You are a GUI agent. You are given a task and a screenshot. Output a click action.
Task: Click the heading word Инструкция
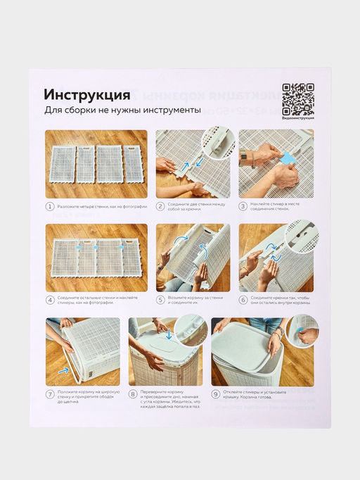(86, 94)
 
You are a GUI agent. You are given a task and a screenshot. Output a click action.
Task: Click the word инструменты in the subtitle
(169, 110)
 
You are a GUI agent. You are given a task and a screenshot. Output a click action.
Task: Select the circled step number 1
(50, 206)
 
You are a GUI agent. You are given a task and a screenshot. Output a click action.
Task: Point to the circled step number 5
(160, 301)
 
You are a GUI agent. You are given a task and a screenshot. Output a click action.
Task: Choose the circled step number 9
(216, 394)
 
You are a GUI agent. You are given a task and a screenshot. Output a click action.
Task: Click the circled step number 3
(243, 206)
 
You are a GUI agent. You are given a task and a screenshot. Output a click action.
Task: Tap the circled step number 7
(50, 394)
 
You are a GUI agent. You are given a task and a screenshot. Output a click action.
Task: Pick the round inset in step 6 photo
(302, 236)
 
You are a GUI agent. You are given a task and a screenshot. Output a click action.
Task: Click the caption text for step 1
(98, 206)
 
